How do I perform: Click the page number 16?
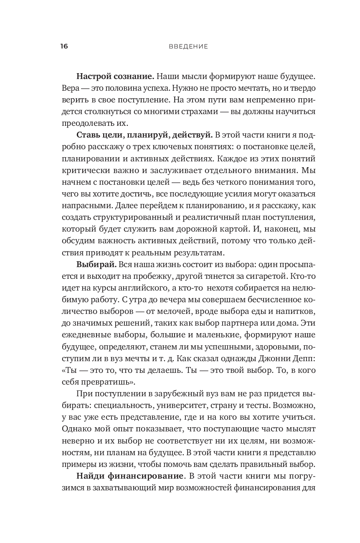pos(64,46)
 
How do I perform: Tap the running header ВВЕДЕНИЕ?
pos(188,46)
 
